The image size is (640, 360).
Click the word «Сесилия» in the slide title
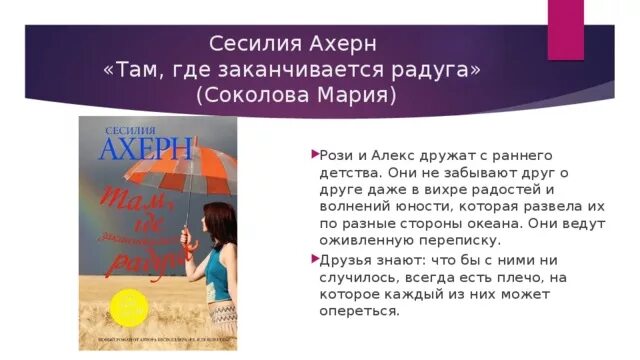(x=249, y=45)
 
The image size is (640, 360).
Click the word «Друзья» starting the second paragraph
(x=348, y=258)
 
